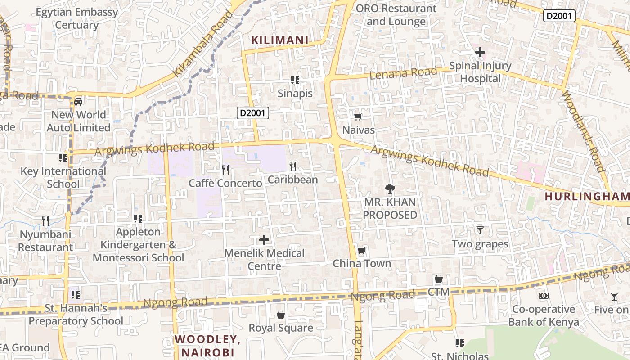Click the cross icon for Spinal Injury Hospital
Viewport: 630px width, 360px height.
pos(480,52)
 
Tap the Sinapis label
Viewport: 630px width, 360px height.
pos(295,94)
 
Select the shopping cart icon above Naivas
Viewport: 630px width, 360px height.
pos(358,117)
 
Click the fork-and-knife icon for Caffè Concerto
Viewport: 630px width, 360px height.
pos(225,170)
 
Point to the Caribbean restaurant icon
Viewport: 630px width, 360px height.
pos(293,166)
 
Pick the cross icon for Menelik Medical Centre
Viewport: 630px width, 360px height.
pos(264,239)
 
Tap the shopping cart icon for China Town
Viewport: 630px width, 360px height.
pos(361,250)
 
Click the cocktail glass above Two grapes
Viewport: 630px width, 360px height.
pos(480,230)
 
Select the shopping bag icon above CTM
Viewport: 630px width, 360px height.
pos(439,279)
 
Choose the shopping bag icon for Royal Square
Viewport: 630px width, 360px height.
pos(281,314)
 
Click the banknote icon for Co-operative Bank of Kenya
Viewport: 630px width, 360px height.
pos(544,296)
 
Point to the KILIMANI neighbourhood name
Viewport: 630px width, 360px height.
pos(280,40)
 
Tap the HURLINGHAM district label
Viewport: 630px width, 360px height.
pos(587,197)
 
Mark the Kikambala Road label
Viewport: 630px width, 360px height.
pos(203,44)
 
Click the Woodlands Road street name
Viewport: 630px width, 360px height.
pos(583,130)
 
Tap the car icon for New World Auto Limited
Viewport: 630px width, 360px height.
pos(78,101)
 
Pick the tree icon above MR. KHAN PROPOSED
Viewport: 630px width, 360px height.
pos(390,189)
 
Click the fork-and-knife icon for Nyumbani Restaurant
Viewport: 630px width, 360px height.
pos(45,220)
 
